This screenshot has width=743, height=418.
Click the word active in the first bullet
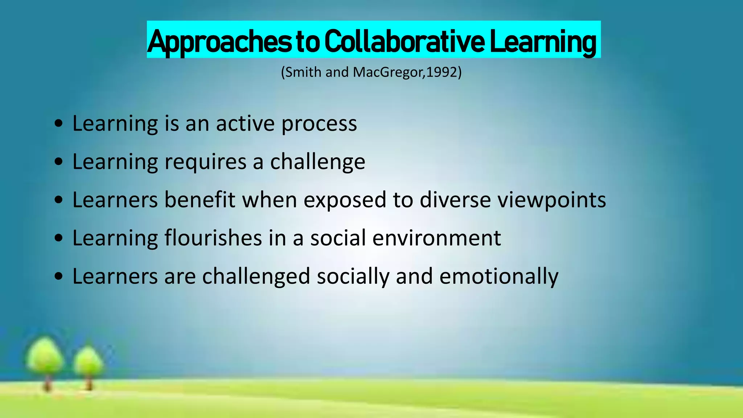click(x=245, y=124)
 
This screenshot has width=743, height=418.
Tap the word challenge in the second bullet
click(x=317, y=162)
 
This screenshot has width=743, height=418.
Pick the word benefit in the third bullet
click(x=200, y=200)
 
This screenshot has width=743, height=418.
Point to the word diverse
click(x=455, y=200)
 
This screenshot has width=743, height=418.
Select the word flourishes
click(x=213, y=238)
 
